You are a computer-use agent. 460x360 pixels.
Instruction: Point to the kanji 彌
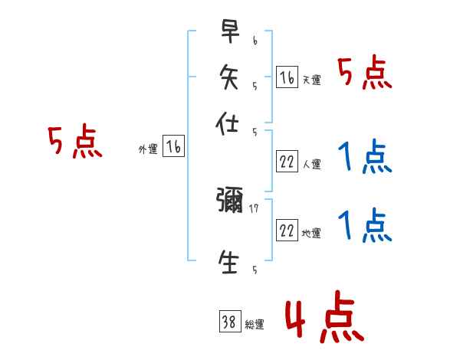point(230,202)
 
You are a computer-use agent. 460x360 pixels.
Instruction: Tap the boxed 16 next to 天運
point(287,77)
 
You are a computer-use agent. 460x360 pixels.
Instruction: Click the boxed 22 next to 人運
point(287,162)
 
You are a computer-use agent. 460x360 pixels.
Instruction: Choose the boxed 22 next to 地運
point(287,231)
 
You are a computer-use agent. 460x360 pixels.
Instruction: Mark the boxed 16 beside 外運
point(174,148)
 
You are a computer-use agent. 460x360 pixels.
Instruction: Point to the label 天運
point(311,80)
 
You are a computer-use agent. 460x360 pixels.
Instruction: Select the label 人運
point(311,164)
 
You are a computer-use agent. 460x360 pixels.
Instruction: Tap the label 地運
point(311,233)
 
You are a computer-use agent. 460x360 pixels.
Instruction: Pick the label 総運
point(255,325)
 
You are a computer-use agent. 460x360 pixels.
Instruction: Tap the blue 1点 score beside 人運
point(364,158)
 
